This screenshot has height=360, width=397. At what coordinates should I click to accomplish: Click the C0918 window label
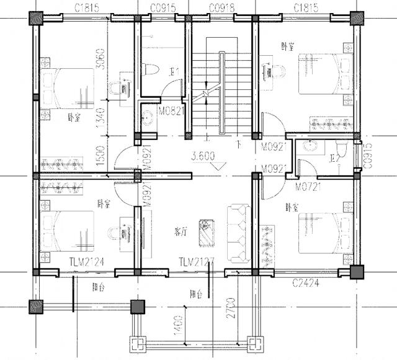tap(221, 8)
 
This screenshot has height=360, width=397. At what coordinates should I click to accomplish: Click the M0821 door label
tap(171, 111)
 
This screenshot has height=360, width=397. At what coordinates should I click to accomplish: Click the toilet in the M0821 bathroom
tap(148, 70)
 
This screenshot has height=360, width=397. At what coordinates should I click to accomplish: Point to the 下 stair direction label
tap(238, 144)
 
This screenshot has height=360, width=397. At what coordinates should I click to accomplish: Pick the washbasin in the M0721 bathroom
tap(312, 147)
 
